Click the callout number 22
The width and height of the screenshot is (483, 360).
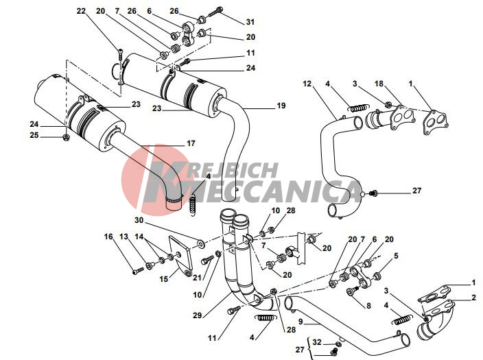point(82,11)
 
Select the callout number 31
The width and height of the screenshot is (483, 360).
point(231,21)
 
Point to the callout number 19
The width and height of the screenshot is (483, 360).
point(261,106)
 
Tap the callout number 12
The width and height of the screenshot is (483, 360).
point(307,84)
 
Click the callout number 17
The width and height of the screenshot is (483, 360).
point(191,143)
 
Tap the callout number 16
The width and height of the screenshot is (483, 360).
point(108,237)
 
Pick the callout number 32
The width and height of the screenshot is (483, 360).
point(316,341)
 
